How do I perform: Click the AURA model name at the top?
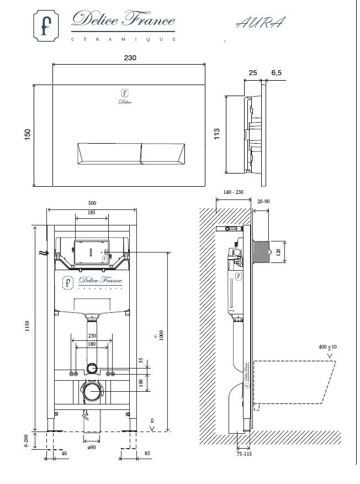(x=261, y=23)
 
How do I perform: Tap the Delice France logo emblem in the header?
(x=46, y=25)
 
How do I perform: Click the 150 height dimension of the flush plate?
(x=28, y=135)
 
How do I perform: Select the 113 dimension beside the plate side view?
(x=217, y=134)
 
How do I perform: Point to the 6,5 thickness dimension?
(x=277, y=73)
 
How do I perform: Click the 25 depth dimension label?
(x=253, y=73)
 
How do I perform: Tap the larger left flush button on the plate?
(x=109, y=154)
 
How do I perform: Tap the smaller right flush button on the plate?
(x=163, y=154)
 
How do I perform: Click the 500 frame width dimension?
(x=92, y=203)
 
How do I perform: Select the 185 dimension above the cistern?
(x=92, y=212)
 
